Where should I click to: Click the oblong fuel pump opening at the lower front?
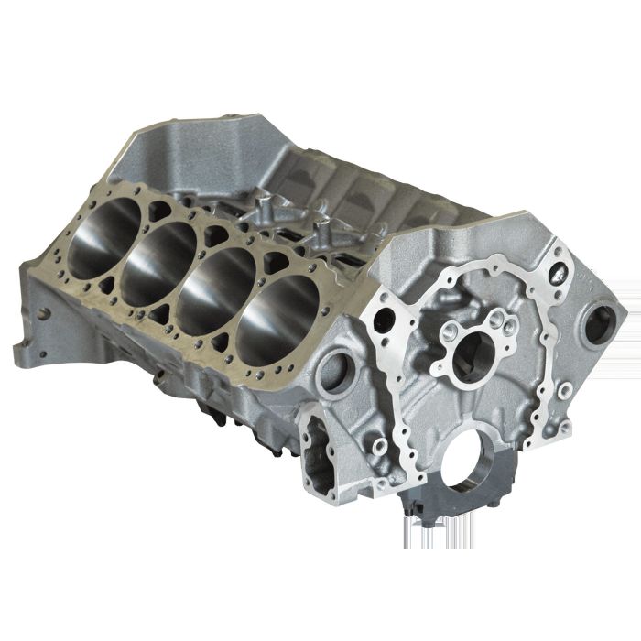(320, 449)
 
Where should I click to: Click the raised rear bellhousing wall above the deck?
(183, 147)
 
